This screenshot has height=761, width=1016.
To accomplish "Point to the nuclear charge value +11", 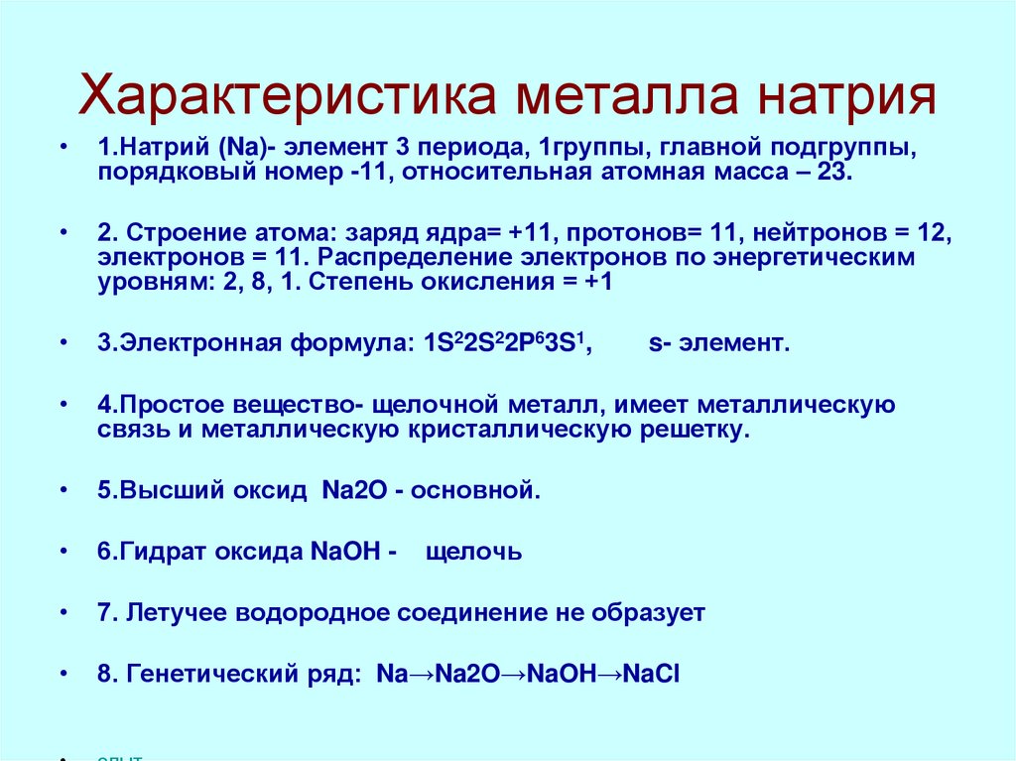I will tap(530, 233).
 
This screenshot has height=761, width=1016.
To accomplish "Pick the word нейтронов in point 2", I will tap(814, 233).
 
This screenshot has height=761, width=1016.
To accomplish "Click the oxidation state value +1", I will tap(596, 282).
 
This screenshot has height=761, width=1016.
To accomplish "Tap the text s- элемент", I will tap(719, 344).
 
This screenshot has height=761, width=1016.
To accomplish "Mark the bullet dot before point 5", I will tap(64, 491).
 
